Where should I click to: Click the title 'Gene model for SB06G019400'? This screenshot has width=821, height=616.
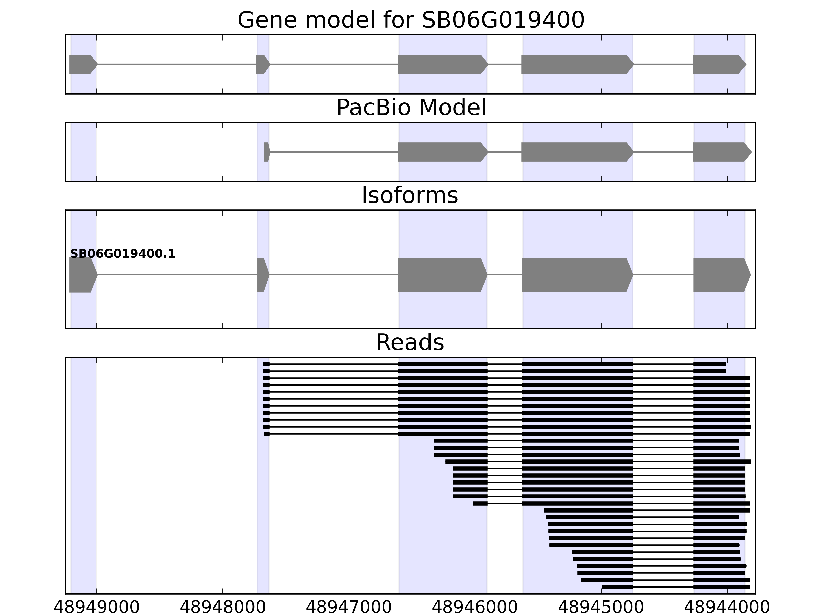[411, 20]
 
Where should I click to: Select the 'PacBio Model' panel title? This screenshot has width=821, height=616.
[411, 108]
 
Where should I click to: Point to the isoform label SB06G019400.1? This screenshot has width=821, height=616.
[122, 254]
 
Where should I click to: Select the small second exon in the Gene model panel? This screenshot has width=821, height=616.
[262, 64]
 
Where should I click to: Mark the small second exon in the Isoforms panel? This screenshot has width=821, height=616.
[262, 275]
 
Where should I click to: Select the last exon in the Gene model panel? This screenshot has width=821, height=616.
[718, 64]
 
